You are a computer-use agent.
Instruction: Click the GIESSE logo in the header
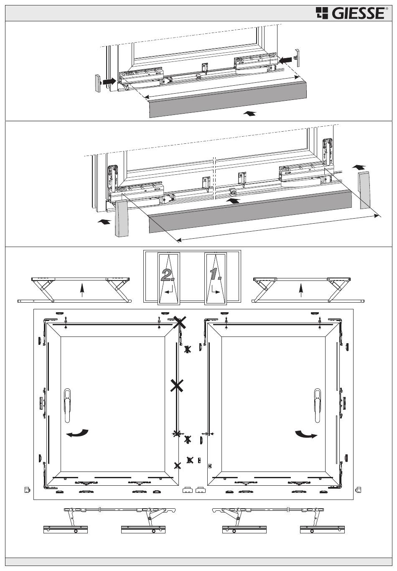click(350, 13)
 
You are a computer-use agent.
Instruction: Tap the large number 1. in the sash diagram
click(216, 274)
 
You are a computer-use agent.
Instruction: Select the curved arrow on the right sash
click(306, 435)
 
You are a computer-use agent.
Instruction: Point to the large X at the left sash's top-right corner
click(180, 322)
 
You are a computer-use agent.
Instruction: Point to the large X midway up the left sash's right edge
click(177, 386)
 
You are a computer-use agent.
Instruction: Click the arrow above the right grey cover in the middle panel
click(358, 167)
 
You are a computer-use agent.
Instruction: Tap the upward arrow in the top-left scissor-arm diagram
click(82, 289)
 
